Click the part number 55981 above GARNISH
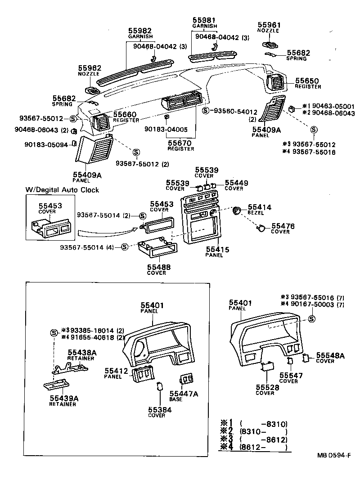click(x=204, y=21)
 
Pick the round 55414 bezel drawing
click(x=237, y=210)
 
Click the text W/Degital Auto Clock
click(x=62, y=190)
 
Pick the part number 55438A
click(x=80, y=353)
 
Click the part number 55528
click(x=265, y=387)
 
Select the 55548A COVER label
click(x=330, y=358)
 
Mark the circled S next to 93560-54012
click(x=206, y=111)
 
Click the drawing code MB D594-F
click(x=334, y=456)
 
